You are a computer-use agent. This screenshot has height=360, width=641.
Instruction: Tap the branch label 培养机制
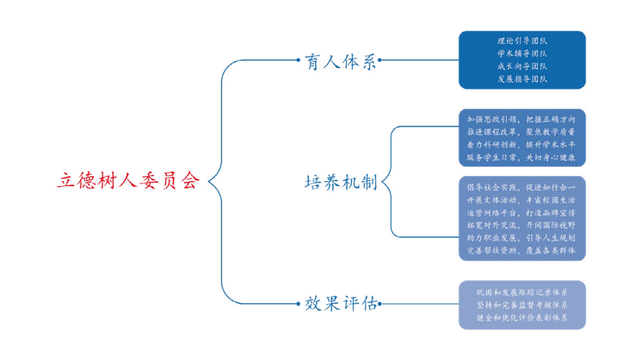341,182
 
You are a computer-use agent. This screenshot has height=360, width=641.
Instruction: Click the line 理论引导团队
522,40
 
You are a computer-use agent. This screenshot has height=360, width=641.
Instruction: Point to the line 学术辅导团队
522,53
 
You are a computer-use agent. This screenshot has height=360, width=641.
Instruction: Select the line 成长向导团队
522,66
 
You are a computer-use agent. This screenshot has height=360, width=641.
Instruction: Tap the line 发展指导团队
522,79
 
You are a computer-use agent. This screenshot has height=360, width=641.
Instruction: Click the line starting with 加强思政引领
522,120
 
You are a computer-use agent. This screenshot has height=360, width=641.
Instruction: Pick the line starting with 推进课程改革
522,132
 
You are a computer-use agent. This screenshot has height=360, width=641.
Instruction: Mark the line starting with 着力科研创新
522,144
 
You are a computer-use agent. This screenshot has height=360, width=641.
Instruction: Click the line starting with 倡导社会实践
522,187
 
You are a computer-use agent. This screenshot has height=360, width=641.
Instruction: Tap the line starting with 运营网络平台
522,213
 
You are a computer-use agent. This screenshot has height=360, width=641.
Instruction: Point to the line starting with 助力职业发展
522,238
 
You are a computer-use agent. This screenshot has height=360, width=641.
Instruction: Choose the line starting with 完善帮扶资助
522,250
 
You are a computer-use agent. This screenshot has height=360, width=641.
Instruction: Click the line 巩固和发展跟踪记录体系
522,293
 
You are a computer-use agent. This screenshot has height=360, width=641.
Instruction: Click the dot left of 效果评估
298,304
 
